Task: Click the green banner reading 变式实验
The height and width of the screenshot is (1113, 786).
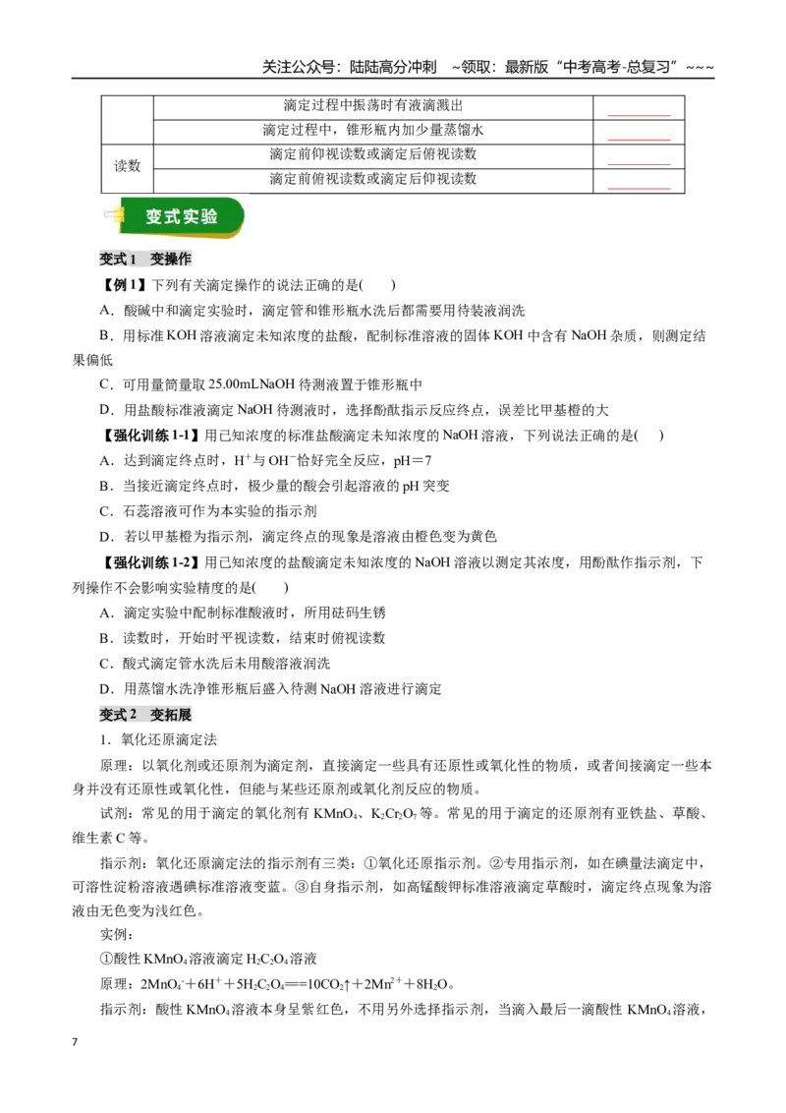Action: [x=181, y=217]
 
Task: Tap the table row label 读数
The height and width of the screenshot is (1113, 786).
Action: [x=128, y=166]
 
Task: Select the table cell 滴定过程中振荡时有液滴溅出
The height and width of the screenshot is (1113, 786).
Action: [x=373, y=106]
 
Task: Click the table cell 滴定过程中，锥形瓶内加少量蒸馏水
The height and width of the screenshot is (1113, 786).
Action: [x=373, y=130]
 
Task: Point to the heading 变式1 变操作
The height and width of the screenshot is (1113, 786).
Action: [x=145, y=260]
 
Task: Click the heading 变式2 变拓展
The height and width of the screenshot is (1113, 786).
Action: [x=145, y=714]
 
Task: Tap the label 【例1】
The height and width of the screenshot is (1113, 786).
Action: [x=124, y=285]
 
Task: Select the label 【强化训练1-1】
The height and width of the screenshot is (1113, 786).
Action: [x=149, y=436]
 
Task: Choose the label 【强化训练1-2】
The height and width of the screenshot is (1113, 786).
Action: [x=149, y=562]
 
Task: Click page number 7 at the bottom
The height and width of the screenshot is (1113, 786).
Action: [x=75, y=1042]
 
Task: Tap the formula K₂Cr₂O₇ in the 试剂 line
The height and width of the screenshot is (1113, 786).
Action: [x=394, y=814]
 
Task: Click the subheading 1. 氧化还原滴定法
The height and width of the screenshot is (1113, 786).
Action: [x=158, y=739]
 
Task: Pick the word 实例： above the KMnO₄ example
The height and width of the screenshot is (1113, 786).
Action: [x=117, y=935]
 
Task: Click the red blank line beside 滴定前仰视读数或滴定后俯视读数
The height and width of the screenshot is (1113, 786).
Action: [x=639, y=164]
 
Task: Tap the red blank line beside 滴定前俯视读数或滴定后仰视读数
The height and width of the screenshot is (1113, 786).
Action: [x=639, y=189]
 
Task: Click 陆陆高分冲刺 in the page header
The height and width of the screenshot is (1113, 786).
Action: [x=393, y=67]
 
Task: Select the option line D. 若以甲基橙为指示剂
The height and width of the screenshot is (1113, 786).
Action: [x=298, y=537]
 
